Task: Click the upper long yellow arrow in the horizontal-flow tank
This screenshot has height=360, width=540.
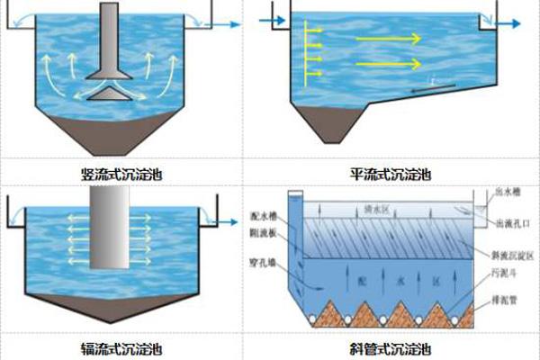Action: [387, 39]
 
